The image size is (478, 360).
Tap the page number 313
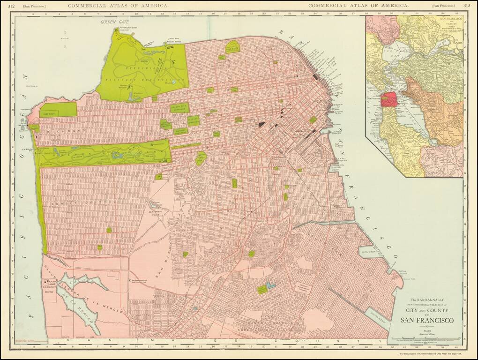click(467, 5)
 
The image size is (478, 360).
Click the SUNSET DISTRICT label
click(75, 202)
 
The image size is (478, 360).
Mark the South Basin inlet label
click(377, 314)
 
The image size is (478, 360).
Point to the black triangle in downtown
click(261, 124)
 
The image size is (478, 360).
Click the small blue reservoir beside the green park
click(270, 285)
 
